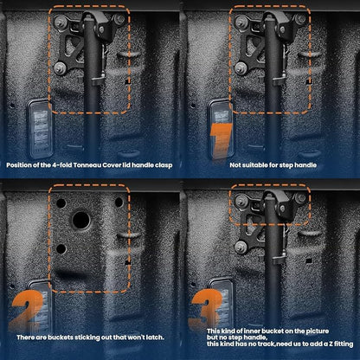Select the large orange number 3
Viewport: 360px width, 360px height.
point(206,309)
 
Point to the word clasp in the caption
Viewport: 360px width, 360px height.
point(164,165)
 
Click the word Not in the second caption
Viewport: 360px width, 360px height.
point(235,165)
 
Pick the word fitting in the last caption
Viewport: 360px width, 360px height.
point(343,344)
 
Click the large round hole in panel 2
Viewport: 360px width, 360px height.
point(81,220)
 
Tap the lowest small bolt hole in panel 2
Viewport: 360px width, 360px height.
point(61,248)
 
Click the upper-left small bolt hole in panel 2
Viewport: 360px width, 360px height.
point(61,203)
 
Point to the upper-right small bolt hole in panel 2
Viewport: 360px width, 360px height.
point(119,202)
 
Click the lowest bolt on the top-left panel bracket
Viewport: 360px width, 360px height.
point(60,68)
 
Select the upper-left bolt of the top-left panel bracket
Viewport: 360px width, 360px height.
point(60,22)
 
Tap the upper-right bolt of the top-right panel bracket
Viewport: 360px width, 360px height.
point(300,20)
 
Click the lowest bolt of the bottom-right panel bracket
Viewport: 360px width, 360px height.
point(241,247)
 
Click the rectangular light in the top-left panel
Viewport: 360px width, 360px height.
point(40,129)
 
